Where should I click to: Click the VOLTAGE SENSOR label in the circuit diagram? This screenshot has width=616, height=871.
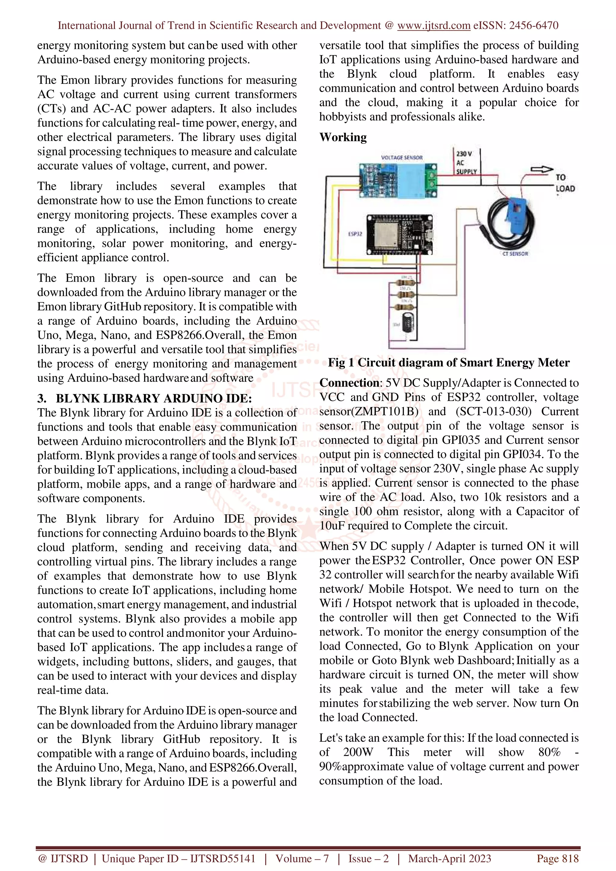[x=402, y=157]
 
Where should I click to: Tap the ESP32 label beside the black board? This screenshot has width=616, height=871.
[x=355, y=234]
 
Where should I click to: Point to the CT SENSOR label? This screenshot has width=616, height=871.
[x=515, y=253]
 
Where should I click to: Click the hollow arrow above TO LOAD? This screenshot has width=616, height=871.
[x=542, y=170]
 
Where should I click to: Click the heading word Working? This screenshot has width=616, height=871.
[x=343, y=137]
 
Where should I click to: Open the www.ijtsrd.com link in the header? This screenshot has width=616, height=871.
[x=433, y=26]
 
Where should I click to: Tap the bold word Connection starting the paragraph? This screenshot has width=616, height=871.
[x=349, y=383]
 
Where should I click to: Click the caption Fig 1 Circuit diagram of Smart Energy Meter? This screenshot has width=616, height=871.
[x=449, y=363]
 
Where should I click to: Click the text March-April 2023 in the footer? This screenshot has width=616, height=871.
[x=449, y=858]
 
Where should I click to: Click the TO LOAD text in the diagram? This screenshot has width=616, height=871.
[x=565, y=183]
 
